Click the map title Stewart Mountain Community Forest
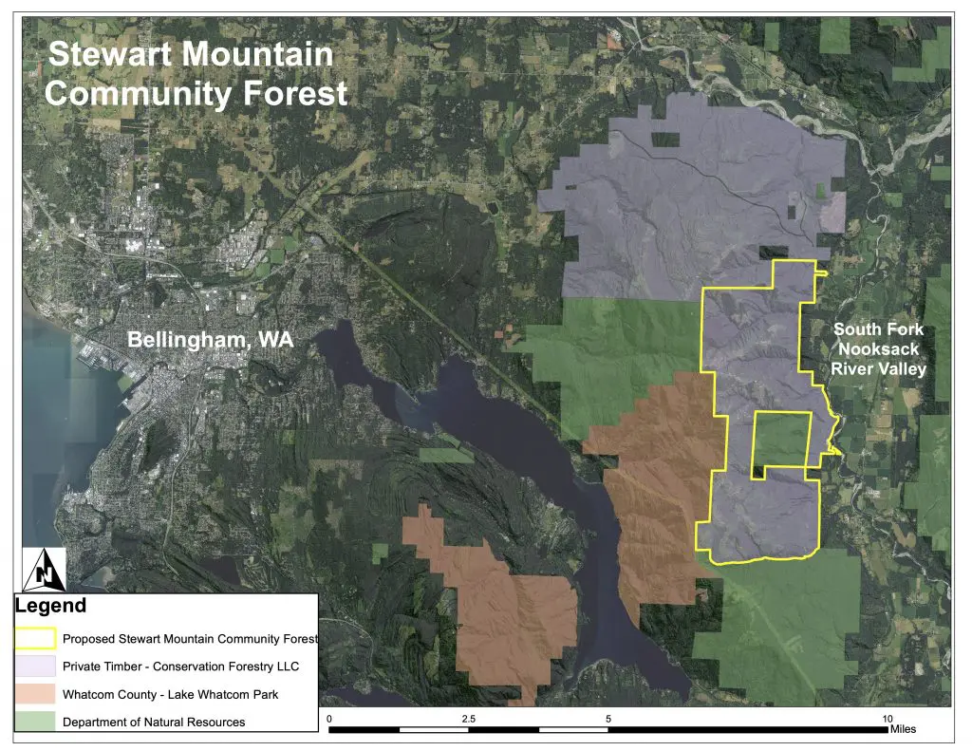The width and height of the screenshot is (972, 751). [x=197, y=73]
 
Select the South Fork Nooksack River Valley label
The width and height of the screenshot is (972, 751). [x=877, y=349]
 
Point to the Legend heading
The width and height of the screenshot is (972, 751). [x=50, y=606]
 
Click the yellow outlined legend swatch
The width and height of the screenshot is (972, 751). [x=35, y=638]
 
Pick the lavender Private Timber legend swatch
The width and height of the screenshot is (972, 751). [x=35, y=666]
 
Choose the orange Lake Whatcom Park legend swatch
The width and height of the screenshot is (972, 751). [x=35, y=694]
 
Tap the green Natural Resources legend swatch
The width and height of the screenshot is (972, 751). [x=35, y=722]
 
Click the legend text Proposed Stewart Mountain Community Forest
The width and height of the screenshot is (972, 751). [x=190, y=639]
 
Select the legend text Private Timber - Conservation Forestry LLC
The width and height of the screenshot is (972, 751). [x=178, y=667]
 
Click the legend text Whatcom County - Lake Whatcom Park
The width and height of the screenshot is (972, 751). [x=170, y=695]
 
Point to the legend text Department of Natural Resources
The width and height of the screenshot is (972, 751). [x=154, y=723]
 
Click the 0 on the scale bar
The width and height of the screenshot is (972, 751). [x=328, y=718]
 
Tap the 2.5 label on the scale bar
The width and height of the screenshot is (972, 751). [x=468, y=718]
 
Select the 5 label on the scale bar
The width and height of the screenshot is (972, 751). [x=608, y=718]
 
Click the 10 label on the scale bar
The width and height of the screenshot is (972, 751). [x=888, y=718]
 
